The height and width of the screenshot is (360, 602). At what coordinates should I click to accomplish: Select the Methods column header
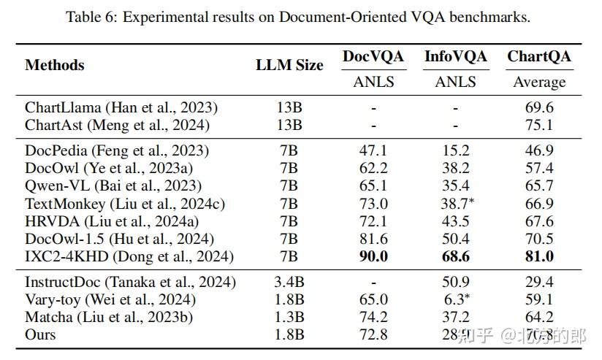tap(55, 65)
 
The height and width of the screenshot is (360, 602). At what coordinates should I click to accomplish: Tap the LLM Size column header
tap(289, 65)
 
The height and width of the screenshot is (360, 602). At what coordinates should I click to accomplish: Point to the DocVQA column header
tap(373, 56)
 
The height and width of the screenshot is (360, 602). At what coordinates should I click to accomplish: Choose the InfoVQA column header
tap(455, 56)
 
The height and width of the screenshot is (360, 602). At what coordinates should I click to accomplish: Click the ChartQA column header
tap(539, 56)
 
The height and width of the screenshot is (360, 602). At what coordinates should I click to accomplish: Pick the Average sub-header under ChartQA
tap(539, 82)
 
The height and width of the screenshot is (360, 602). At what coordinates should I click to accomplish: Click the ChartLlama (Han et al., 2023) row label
tap(121, 108)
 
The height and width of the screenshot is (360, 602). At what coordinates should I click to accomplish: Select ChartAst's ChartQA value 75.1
tap(539, 125)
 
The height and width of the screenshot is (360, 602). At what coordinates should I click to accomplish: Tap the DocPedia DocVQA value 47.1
tap(373, 151)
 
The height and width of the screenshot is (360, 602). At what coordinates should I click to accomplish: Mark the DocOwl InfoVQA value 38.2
tap(455, 169)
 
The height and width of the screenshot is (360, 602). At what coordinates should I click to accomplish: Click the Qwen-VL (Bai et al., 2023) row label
tap(113, 186)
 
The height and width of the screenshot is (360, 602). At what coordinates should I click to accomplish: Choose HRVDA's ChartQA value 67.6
tap(539, 221)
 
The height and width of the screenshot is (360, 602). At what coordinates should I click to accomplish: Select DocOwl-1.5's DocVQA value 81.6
tap(373, 239)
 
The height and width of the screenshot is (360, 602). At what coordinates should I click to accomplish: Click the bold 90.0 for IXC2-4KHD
tap(373, 256)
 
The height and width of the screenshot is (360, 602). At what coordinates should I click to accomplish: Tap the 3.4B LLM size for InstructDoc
tap(289, 283)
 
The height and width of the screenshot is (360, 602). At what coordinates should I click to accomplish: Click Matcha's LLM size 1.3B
tap(289, 318)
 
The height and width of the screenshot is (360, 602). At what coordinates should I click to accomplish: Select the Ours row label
tap(40, 335)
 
